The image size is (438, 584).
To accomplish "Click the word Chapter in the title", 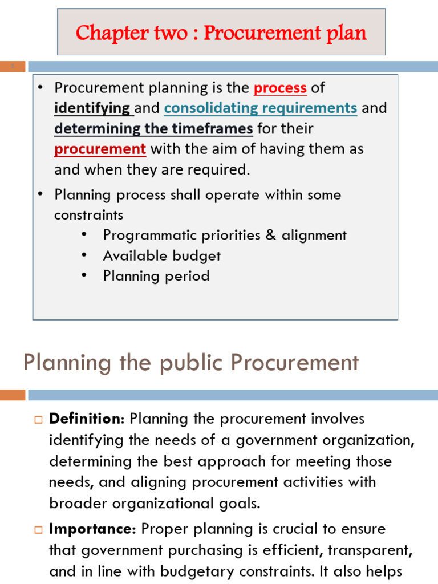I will tap(104, 33).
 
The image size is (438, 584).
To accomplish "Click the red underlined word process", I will tap(280, 88).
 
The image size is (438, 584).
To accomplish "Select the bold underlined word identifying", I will tap(92, 108).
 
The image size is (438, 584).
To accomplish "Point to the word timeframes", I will tap(212, 128).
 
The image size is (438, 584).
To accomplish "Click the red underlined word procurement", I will tap(100, 149).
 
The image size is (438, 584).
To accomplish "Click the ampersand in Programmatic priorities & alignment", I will tap(270, 235).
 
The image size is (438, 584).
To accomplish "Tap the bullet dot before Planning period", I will tap(84, 276).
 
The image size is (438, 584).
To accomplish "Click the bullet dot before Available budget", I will tap(84, 255).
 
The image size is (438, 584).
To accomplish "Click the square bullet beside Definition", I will tap(39, 419).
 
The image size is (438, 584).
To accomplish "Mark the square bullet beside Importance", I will tap(39, 529).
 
